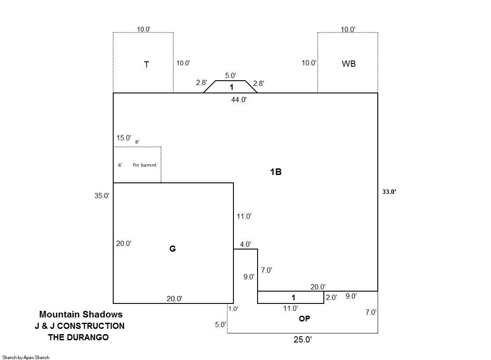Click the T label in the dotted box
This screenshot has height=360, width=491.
coord(147,65)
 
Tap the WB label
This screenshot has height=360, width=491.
coord(348,64)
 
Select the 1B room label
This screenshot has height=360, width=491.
coord(276,172)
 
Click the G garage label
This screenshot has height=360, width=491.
coord(172,249)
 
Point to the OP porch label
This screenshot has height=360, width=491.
coord(304,319)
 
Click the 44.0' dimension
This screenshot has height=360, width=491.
coord(239,100)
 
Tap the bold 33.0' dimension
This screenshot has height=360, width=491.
coord(389,192)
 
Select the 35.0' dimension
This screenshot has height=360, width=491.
coord(102,196)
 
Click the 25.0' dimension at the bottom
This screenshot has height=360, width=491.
coord(302,339)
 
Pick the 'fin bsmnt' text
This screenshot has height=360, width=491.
coord(144,165)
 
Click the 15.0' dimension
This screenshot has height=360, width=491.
coord(124,138)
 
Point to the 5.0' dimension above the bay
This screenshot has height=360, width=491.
coord(230,75)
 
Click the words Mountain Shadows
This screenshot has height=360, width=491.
coord(81,314)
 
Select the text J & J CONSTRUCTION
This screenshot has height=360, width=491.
coord(79,326)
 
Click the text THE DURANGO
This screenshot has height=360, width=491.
coord(78,337)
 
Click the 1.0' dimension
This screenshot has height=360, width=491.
coord(233,309)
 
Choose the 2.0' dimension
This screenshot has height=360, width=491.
coord(331,297)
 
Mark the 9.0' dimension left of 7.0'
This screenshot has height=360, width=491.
coord(249,277)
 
